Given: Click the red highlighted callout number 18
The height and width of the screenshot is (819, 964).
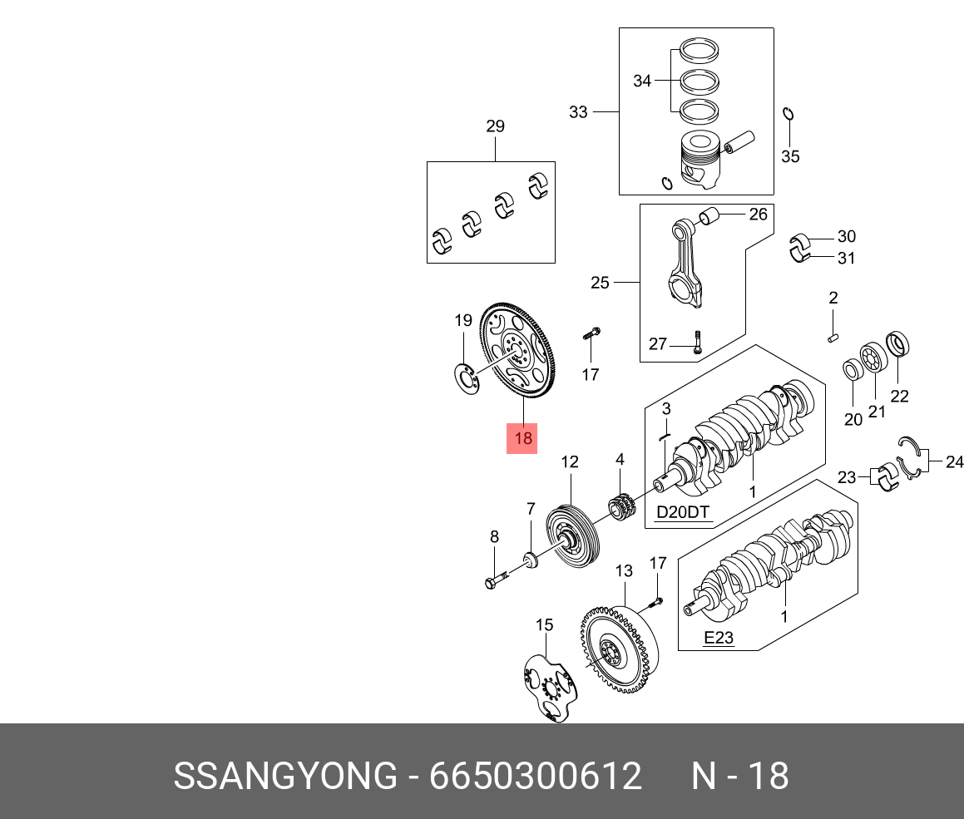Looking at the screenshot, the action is [522, 438].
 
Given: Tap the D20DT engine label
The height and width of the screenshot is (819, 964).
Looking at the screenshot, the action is [684, 512].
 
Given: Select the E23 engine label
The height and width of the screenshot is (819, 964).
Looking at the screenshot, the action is [719, 638].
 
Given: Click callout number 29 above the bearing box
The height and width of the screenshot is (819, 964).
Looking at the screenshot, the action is [495, 127].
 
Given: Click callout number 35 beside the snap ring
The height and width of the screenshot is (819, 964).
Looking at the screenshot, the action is [790, 156].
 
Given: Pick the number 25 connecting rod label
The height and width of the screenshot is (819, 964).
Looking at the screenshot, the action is [600, 284].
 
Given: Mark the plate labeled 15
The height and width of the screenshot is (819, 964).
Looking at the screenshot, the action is [548, 687].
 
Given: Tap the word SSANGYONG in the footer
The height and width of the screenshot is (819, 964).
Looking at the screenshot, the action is [285, 777].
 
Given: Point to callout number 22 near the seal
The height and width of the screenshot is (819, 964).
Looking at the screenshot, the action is [900, 397].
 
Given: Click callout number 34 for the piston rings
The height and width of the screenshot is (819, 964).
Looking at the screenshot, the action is [642, 81].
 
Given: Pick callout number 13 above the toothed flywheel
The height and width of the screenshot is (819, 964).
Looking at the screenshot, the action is [624, 571].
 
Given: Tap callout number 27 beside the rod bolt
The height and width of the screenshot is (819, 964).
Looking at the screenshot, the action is [658, 344].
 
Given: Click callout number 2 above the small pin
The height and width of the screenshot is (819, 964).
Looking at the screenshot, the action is [833, 298].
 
